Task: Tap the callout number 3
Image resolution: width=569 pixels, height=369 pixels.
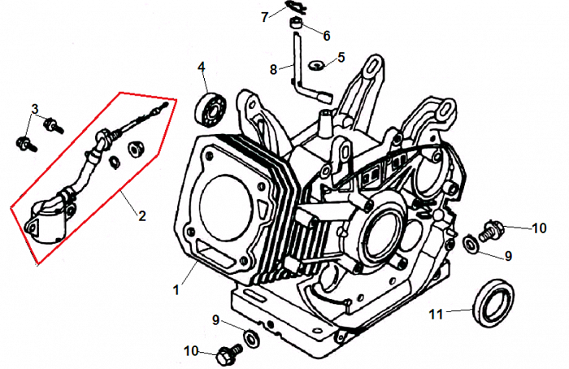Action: (x=35, y=109)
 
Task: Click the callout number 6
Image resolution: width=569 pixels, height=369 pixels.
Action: (x=327, y=36)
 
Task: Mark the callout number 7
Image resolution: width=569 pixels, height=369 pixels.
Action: (x=264, y=15)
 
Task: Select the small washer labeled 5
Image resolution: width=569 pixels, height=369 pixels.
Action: (x=319, y=63)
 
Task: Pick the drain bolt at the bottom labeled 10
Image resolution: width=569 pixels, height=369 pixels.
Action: (x=228, y=354)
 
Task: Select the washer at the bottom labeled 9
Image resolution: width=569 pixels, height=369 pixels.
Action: (x=252, y=336)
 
